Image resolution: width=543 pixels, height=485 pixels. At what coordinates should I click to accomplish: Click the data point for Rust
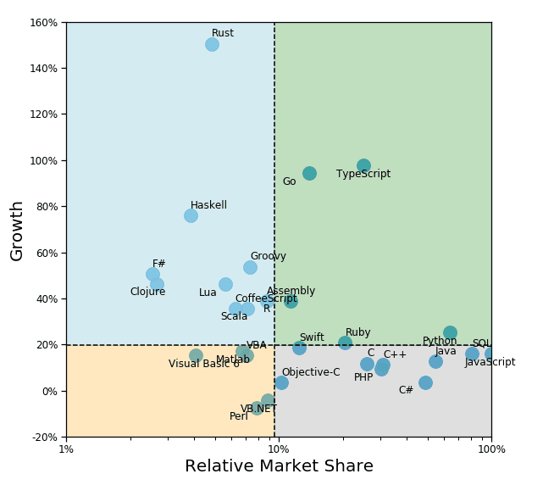click(212, 44)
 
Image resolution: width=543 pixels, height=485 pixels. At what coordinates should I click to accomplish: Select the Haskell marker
click(191, 215)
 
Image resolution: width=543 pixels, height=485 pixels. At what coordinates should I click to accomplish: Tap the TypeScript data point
click(363, 165)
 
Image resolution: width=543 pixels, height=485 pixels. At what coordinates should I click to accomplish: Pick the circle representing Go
click(309, 173)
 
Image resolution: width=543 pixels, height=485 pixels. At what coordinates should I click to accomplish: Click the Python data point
click(450, 333)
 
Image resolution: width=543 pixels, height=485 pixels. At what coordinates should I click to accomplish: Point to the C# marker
click(425, 382)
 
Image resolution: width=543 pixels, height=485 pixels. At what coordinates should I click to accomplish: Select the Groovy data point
click(250, 267)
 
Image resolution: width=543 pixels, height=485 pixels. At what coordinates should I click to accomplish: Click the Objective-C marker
click(281, 382)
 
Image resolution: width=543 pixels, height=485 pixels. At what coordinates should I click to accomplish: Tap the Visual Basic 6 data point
click(196, 355)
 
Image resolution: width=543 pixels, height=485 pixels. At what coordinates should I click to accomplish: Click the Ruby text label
click(357, 332)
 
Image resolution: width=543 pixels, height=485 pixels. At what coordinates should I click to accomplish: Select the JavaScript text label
click(490, 362)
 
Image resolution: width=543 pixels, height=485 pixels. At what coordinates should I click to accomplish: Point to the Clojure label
click(147, 292)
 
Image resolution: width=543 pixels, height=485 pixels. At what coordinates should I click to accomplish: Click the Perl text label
click(239, 416)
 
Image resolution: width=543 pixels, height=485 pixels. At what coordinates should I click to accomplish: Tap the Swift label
click(311, 337)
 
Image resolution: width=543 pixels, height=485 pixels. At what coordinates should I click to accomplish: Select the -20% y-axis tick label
click(43, 438)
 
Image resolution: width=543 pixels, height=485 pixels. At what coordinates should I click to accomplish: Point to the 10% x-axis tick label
click(274, 449)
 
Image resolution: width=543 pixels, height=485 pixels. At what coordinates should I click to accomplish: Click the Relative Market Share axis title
click(279, 466)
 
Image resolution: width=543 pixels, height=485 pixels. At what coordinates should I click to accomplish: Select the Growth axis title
click(17, 230)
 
